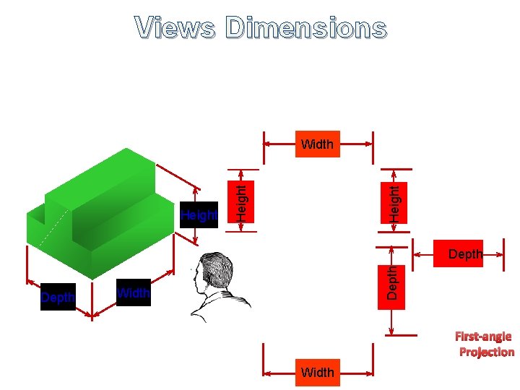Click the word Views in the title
click(x=174, y=28)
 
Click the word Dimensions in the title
click(x=305, y=28)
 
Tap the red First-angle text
click(x=483, y=336)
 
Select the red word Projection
click(x=487, y=352)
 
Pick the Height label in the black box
click(x=199, y=215)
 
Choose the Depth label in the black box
click(x=58, y=298)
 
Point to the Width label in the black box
click(x=134, y=292)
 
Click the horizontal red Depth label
click(x=465, y=254)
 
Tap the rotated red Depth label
click(x=391, y=283)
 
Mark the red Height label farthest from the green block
click(x=394, y=202)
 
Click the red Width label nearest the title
click(x=318, y=144)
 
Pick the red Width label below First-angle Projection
click(x=318, y=373)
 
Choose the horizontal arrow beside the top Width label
click(x=279, y=144)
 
